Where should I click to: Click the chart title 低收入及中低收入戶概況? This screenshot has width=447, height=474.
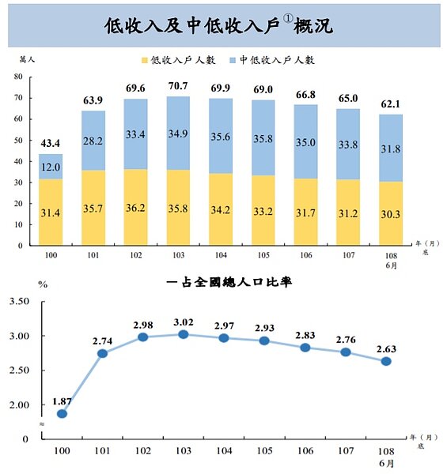tap(218, 25)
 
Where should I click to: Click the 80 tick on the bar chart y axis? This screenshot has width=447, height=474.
tap(17, 77)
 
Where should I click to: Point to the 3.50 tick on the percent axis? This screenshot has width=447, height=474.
tap(17, 302)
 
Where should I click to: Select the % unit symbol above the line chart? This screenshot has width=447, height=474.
tap(44, 284)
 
